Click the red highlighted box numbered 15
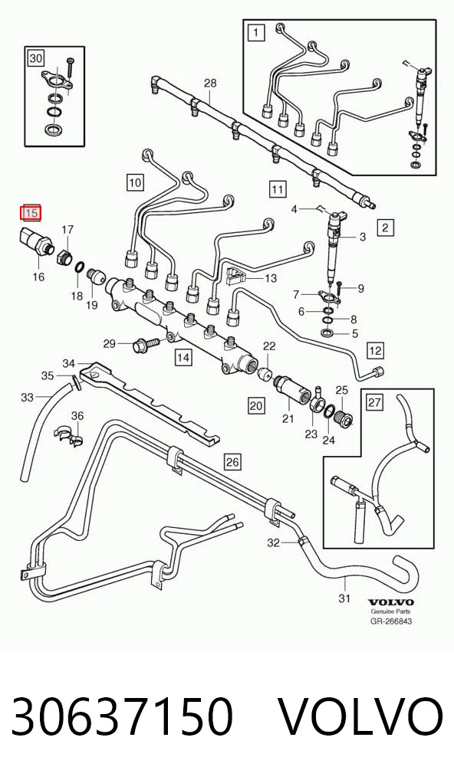[31, 213]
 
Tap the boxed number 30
[36, 58]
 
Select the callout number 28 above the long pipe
[211, 83]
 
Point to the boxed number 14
[183, 357]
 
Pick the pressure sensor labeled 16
[35, 240]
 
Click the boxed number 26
[232, 461]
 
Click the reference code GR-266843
[391, 621]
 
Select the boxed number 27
[375, 402]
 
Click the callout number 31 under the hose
[344, 598]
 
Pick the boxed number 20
[256, 405]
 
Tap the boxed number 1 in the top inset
[256, 33]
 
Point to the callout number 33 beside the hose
[28, 397]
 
